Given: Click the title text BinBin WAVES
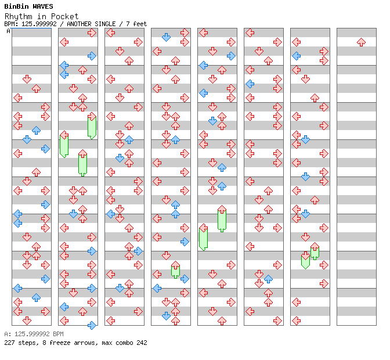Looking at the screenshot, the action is coord(28,6).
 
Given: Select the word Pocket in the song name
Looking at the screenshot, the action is coord(64,16).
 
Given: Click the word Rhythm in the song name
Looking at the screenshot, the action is coord(19,17).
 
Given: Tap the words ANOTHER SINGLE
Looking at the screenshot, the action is coord(91,24).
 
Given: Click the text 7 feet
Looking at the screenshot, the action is coord(136,24).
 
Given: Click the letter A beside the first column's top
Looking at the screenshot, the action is coord(9,31).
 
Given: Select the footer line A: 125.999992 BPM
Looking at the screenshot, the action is coord(34,334).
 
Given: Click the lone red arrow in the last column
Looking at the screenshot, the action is coord(361,42).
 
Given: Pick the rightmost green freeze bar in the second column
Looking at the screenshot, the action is coord(92,127).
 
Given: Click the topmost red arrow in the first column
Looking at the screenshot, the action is coord(27,80).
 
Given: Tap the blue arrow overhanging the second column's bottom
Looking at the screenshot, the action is coord(92,325).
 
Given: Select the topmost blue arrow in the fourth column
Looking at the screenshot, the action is coord(166,37).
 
